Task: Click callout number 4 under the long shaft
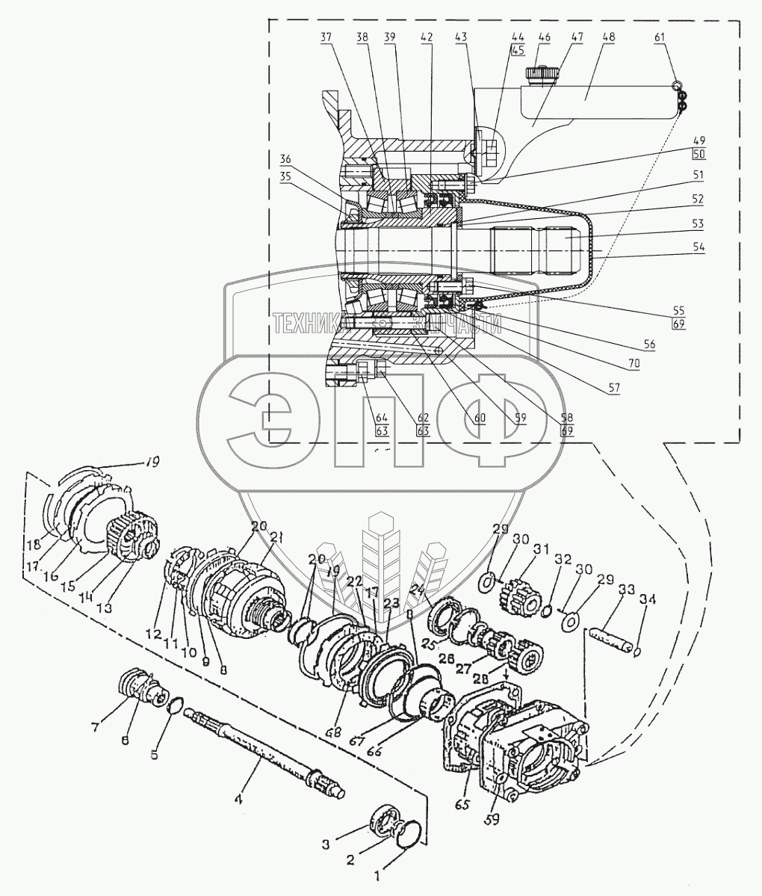[x=238, y=798]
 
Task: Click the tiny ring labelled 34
[x=636, y=652]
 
